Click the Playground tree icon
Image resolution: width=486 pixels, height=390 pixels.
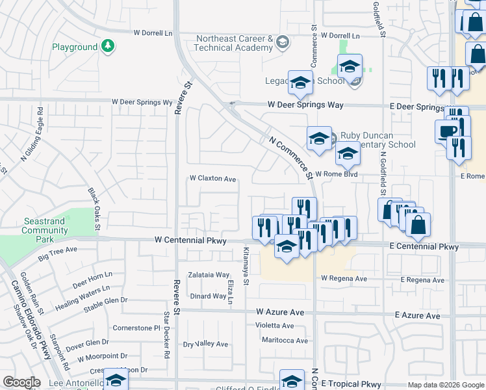[x=108, y=47]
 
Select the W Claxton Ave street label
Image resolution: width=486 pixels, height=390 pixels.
[x=212, y=178]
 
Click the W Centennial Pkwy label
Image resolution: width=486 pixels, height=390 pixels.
[x=190, y=240]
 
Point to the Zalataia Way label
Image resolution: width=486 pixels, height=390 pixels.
[x=209, y=275]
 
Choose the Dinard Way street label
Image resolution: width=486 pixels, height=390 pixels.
[x=208, y=296]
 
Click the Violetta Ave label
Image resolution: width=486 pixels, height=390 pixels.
[x=274, y=326]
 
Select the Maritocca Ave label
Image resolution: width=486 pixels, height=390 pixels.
[x=285, y=341]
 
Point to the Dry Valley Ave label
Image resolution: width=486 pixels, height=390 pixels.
[x=205, y=344]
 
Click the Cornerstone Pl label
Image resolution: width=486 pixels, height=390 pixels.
[x=136, y=328]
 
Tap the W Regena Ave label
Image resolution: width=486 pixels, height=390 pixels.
[x=344, y=279]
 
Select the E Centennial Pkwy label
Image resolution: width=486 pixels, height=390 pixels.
[x=424, y=247]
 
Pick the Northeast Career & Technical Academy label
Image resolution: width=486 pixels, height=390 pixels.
[x=234, y=44]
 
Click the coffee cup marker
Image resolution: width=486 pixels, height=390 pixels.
[x=446, y=131]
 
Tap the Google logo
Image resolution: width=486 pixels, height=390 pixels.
[x=21, y=382]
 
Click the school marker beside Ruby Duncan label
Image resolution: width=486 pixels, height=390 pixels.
[x=319, y=138]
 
